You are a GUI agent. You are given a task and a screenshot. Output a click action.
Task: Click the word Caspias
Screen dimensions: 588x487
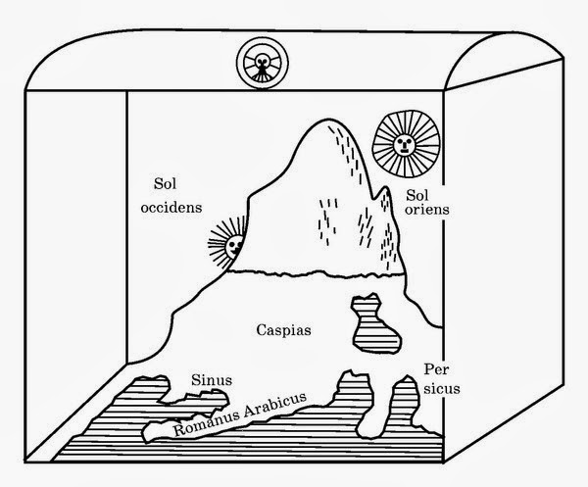pos(283,330)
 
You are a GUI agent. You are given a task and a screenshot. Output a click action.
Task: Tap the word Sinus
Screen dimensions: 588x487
pos(212,380)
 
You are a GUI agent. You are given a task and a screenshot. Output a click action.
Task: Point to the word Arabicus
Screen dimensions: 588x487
pos(274,405)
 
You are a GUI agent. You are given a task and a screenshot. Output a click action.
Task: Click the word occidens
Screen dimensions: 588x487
pos(171,208)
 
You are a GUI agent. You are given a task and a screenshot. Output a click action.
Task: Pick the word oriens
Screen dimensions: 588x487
pos(427,209)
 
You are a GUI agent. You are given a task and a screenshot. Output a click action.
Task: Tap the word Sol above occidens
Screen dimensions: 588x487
pos(165,183)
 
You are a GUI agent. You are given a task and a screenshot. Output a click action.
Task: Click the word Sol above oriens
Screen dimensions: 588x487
pos(417,195)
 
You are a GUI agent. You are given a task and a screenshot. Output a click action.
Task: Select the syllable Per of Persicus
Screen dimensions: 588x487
pos(436,369)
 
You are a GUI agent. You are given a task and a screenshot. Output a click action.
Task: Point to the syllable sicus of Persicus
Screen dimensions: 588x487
pos(441,388)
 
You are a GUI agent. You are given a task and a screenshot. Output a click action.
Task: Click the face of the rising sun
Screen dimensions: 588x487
pos(404,144)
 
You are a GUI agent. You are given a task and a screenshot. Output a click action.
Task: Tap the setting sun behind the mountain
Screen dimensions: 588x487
pos(227,243)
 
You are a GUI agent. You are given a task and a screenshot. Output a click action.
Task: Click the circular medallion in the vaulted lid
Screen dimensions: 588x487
pos(263,64)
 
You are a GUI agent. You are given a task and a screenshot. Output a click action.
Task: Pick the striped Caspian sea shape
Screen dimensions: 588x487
pos(375,324)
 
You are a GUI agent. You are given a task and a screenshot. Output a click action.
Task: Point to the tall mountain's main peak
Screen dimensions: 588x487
pos(329,120)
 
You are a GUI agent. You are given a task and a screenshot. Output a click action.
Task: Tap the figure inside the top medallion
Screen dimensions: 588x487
pos(262,65)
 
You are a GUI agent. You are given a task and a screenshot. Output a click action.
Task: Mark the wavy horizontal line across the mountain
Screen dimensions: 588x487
pos(315,273)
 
